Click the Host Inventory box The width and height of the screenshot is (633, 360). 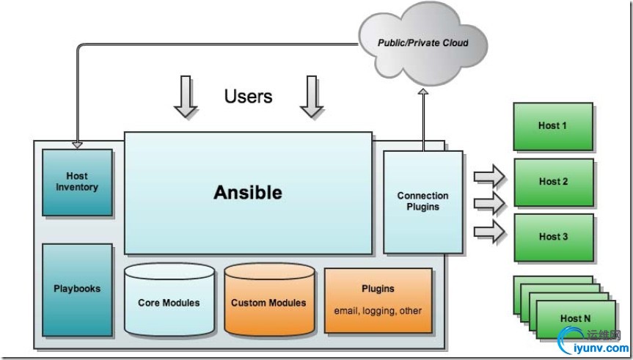(x=77, y=183)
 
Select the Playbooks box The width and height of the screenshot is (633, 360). (x=77, y=289)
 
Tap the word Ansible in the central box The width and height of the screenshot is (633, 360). (x=247, y=193)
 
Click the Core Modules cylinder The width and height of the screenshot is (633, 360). (x=169, y=302)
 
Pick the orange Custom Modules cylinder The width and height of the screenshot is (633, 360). (x=268, y=302)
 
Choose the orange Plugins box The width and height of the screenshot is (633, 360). (x=378, y=299)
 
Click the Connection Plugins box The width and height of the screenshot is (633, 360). (x=422, y=201)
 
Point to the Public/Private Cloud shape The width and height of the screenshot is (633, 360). (x=422, y=43)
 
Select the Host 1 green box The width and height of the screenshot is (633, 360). (x=552, y=126)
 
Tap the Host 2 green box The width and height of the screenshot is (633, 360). (x=553, y=182)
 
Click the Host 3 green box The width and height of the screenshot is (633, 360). (x=553, y=237)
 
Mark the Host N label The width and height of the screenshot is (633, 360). (x=575, y=318)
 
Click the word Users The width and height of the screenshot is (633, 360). (x=248, y=96)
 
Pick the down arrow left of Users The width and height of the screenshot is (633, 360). (x=186, y=97)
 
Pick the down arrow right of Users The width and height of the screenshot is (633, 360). (x=312, y=97)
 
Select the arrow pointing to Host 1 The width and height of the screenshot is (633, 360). (x=489, y=177)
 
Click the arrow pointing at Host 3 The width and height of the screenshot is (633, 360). (x=489, y=232)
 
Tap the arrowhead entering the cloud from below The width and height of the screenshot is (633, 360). (x=422, y=92)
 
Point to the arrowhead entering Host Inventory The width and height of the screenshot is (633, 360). (x=77, y=144)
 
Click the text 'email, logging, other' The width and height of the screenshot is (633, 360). (x=378, y=310)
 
